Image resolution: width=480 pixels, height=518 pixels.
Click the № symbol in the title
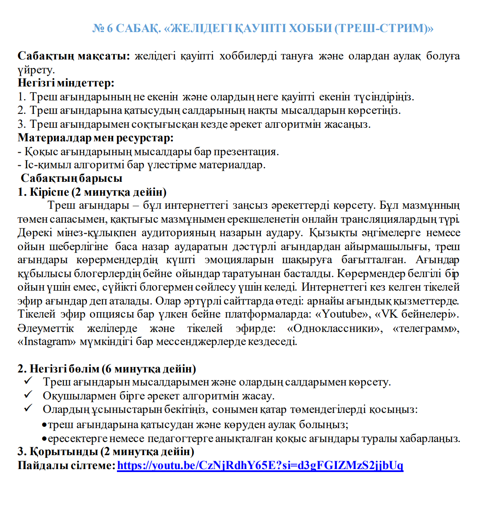tap(98, 28)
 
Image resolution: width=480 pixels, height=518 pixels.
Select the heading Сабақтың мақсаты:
tap(74, 56)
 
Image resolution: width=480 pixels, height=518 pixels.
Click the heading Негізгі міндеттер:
tap(66, 83)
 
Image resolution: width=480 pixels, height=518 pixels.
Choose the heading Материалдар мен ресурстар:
tap(95, 138)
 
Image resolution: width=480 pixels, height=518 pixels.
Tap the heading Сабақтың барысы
tap(71, 178)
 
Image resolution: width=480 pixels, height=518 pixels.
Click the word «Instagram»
tap(47, 342)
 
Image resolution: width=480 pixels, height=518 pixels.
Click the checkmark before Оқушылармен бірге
tap(28, 395)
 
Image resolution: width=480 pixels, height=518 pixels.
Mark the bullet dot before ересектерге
tap(44, 439)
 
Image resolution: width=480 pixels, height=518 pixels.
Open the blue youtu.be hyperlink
tap(260, 466)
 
